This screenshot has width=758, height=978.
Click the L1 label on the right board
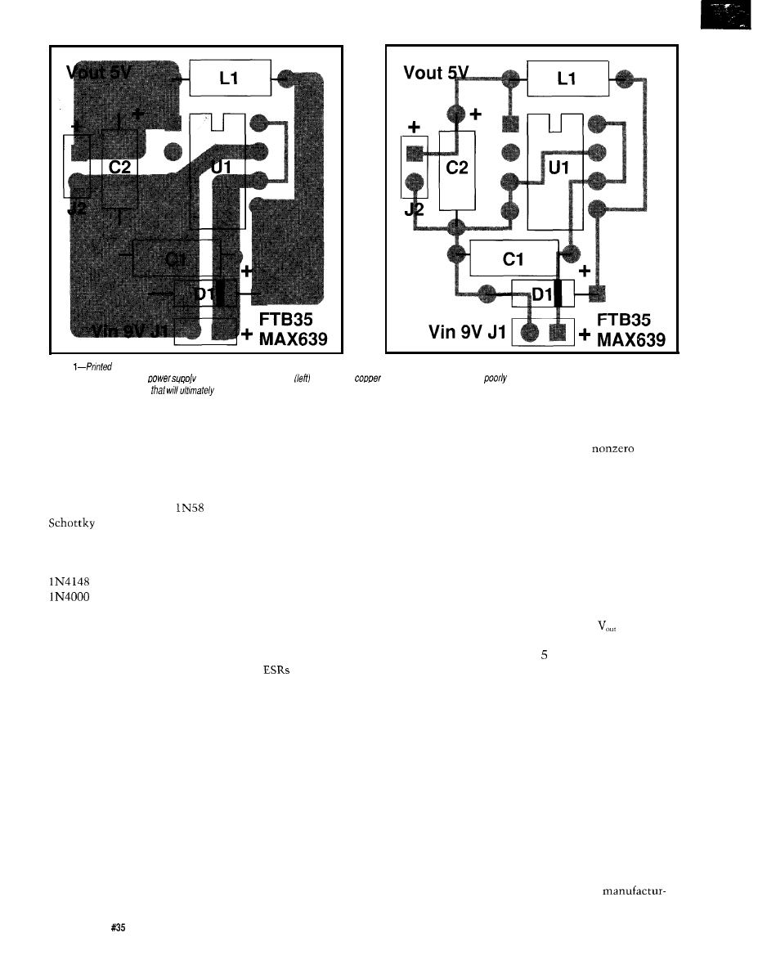[x=567, y=79]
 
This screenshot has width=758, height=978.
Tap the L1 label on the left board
[x=229, y=79]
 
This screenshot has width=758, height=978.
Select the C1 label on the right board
[x=513, y=259]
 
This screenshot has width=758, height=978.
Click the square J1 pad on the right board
[x=558, y=332]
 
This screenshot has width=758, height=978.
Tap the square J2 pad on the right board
[x=414, y=153]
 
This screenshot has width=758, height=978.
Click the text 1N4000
[x=65, y=597]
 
